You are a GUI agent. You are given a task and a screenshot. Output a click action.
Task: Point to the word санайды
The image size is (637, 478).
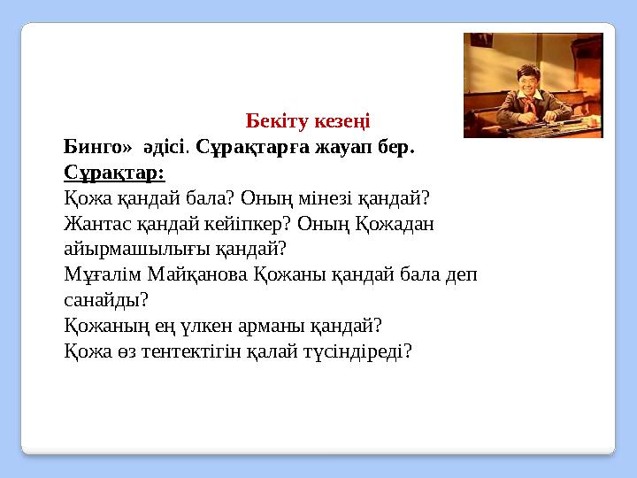click(102, 300)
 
